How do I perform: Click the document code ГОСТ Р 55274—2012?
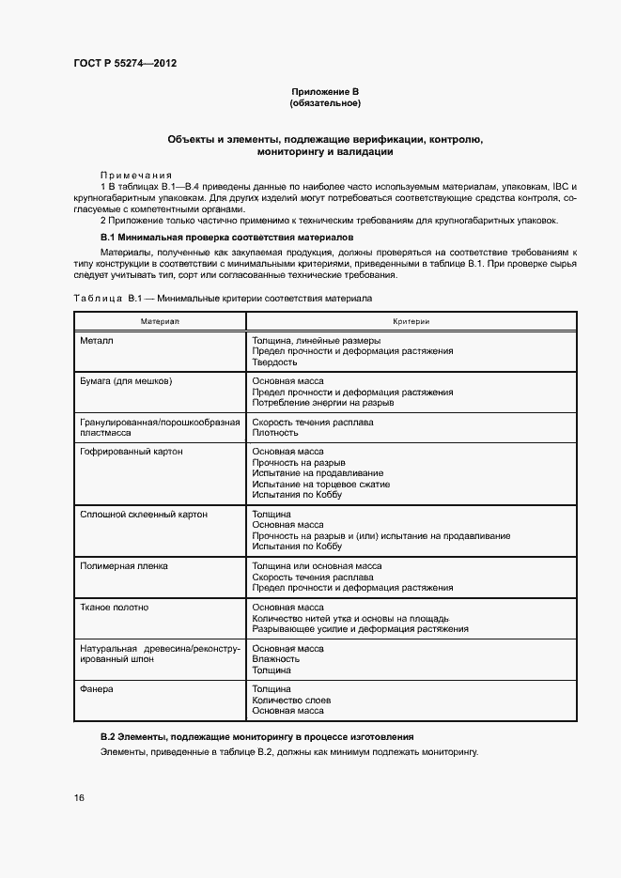click(125, 63)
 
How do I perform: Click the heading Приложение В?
click(325, 91)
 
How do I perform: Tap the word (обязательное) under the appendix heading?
click(325, 102)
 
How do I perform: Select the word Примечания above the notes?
click(135, 176)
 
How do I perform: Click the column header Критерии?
click(411, 321)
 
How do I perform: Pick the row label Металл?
click(98, 340)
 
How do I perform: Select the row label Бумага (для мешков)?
click(127, 381)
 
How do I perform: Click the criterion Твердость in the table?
click(274, 362)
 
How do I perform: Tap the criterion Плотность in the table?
click(274, 433)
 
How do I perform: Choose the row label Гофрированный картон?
click(132, 452)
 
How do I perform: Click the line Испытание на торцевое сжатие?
click(320, 485)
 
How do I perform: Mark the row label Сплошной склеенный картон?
click(145, 515)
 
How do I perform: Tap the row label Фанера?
click(98, 689)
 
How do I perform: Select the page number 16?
click(79, 797)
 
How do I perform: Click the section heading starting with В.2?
click(256, 737)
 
